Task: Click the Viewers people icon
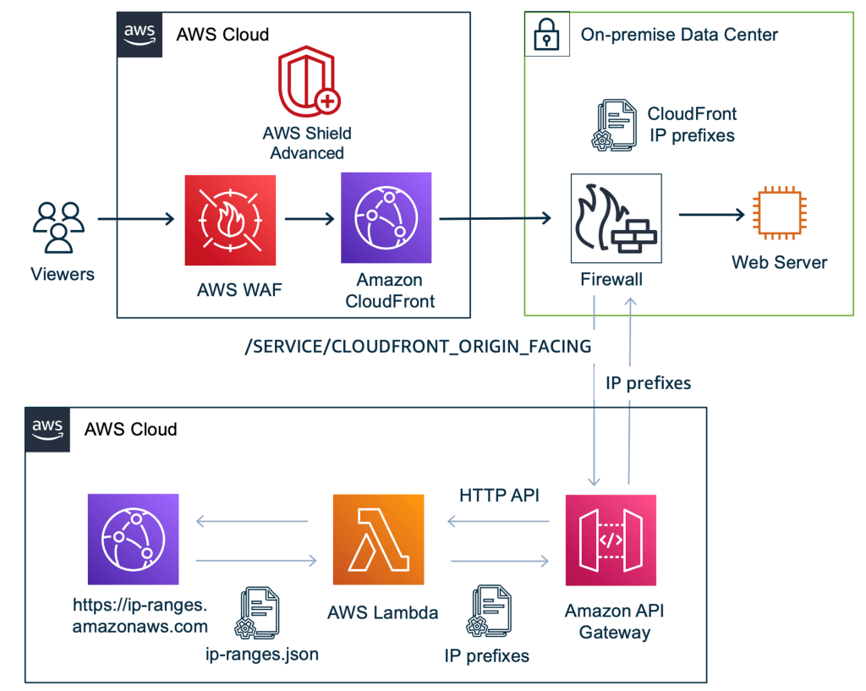click(59, 228)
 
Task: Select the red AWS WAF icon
click(231, 220)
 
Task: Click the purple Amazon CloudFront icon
click(386, 218)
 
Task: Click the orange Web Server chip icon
click(778, 215)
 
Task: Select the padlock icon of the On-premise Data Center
click(547, 35)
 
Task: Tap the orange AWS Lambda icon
click(378, 540)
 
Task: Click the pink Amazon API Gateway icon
click(611, 540)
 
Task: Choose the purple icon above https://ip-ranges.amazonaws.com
click(133, 540)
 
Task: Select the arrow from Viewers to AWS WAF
click(136, 220)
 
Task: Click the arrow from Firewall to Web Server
click(710, 215)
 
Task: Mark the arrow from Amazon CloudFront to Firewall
click(495, 219)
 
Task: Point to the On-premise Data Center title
click(679, 35)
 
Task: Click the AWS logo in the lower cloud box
click(47, 428)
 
